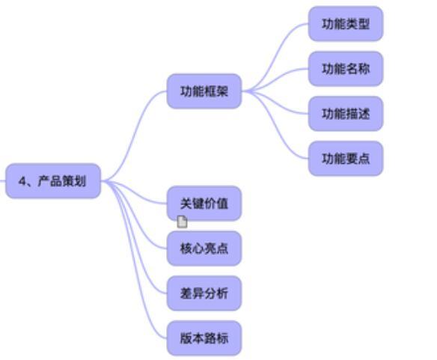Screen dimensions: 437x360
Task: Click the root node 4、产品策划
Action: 53,181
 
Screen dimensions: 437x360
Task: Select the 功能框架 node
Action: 204,91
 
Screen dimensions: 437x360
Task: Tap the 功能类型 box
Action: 346,24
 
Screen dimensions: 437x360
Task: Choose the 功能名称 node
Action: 346,69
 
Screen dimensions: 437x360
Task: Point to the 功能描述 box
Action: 346,114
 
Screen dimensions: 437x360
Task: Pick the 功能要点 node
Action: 346,159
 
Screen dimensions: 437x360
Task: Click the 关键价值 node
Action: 204,204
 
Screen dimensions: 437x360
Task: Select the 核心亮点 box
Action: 204,248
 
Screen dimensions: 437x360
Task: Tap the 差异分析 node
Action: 204,293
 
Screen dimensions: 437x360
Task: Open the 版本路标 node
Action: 204,338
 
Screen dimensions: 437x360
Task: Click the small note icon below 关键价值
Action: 183,222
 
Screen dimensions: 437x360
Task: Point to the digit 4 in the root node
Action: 22,181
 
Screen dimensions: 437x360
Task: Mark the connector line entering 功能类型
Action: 275,56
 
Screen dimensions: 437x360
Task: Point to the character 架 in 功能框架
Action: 222,91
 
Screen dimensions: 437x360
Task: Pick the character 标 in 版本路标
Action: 222,338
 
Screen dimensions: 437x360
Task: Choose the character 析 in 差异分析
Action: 222,293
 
